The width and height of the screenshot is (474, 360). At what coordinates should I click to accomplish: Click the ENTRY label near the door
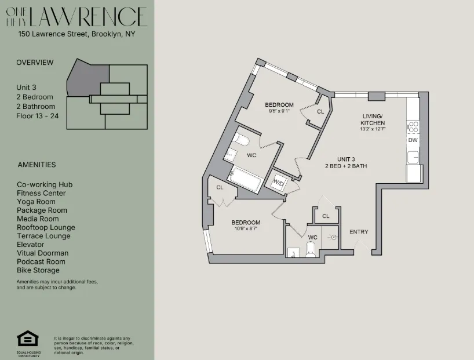click(359, 232)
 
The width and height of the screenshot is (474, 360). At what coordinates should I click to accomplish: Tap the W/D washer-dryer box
click(279, 183)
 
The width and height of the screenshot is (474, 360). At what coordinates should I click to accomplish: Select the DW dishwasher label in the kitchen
click(413, 140)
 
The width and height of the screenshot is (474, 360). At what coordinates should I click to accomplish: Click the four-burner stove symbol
click(413, 126)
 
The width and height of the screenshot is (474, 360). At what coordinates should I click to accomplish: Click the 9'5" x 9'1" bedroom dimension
click(279, 111)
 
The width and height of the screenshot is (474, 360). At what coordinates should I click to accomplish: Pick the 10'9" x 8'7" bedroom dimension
click(246, 228)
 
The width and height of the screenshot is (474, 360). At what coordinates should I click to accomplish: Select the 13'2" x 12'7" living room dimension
click(373, 129)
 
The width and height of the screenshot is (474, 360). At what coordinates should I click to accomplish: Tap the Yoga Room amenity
click(36, 202)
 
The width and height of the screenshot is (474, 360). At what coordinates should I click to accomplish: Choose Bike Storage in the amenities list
click(38, 270)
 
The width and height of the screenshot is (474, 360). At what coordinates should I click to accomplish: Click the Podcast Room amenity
click(41, 261)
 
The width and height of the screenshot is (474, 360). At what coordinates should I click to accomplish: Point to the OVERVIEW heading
click(35, 63)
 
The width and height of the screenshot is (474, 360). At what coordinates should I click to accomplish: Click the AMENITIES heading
click(37, 165)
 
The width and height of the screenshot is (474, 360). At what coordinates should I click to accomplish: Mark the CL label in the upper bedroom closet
click(320, 112)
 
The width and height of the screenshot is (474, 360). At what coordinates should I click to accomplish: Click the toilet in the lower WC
click(310, 250)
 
